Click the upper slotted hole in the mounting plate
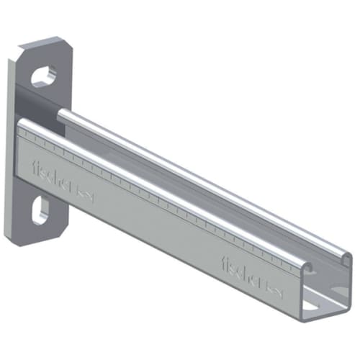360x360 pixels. (44, 75)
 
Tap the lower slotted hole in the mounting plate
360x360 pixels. (41, 210)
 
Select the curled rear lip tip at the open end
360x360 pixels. (348, 258)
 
